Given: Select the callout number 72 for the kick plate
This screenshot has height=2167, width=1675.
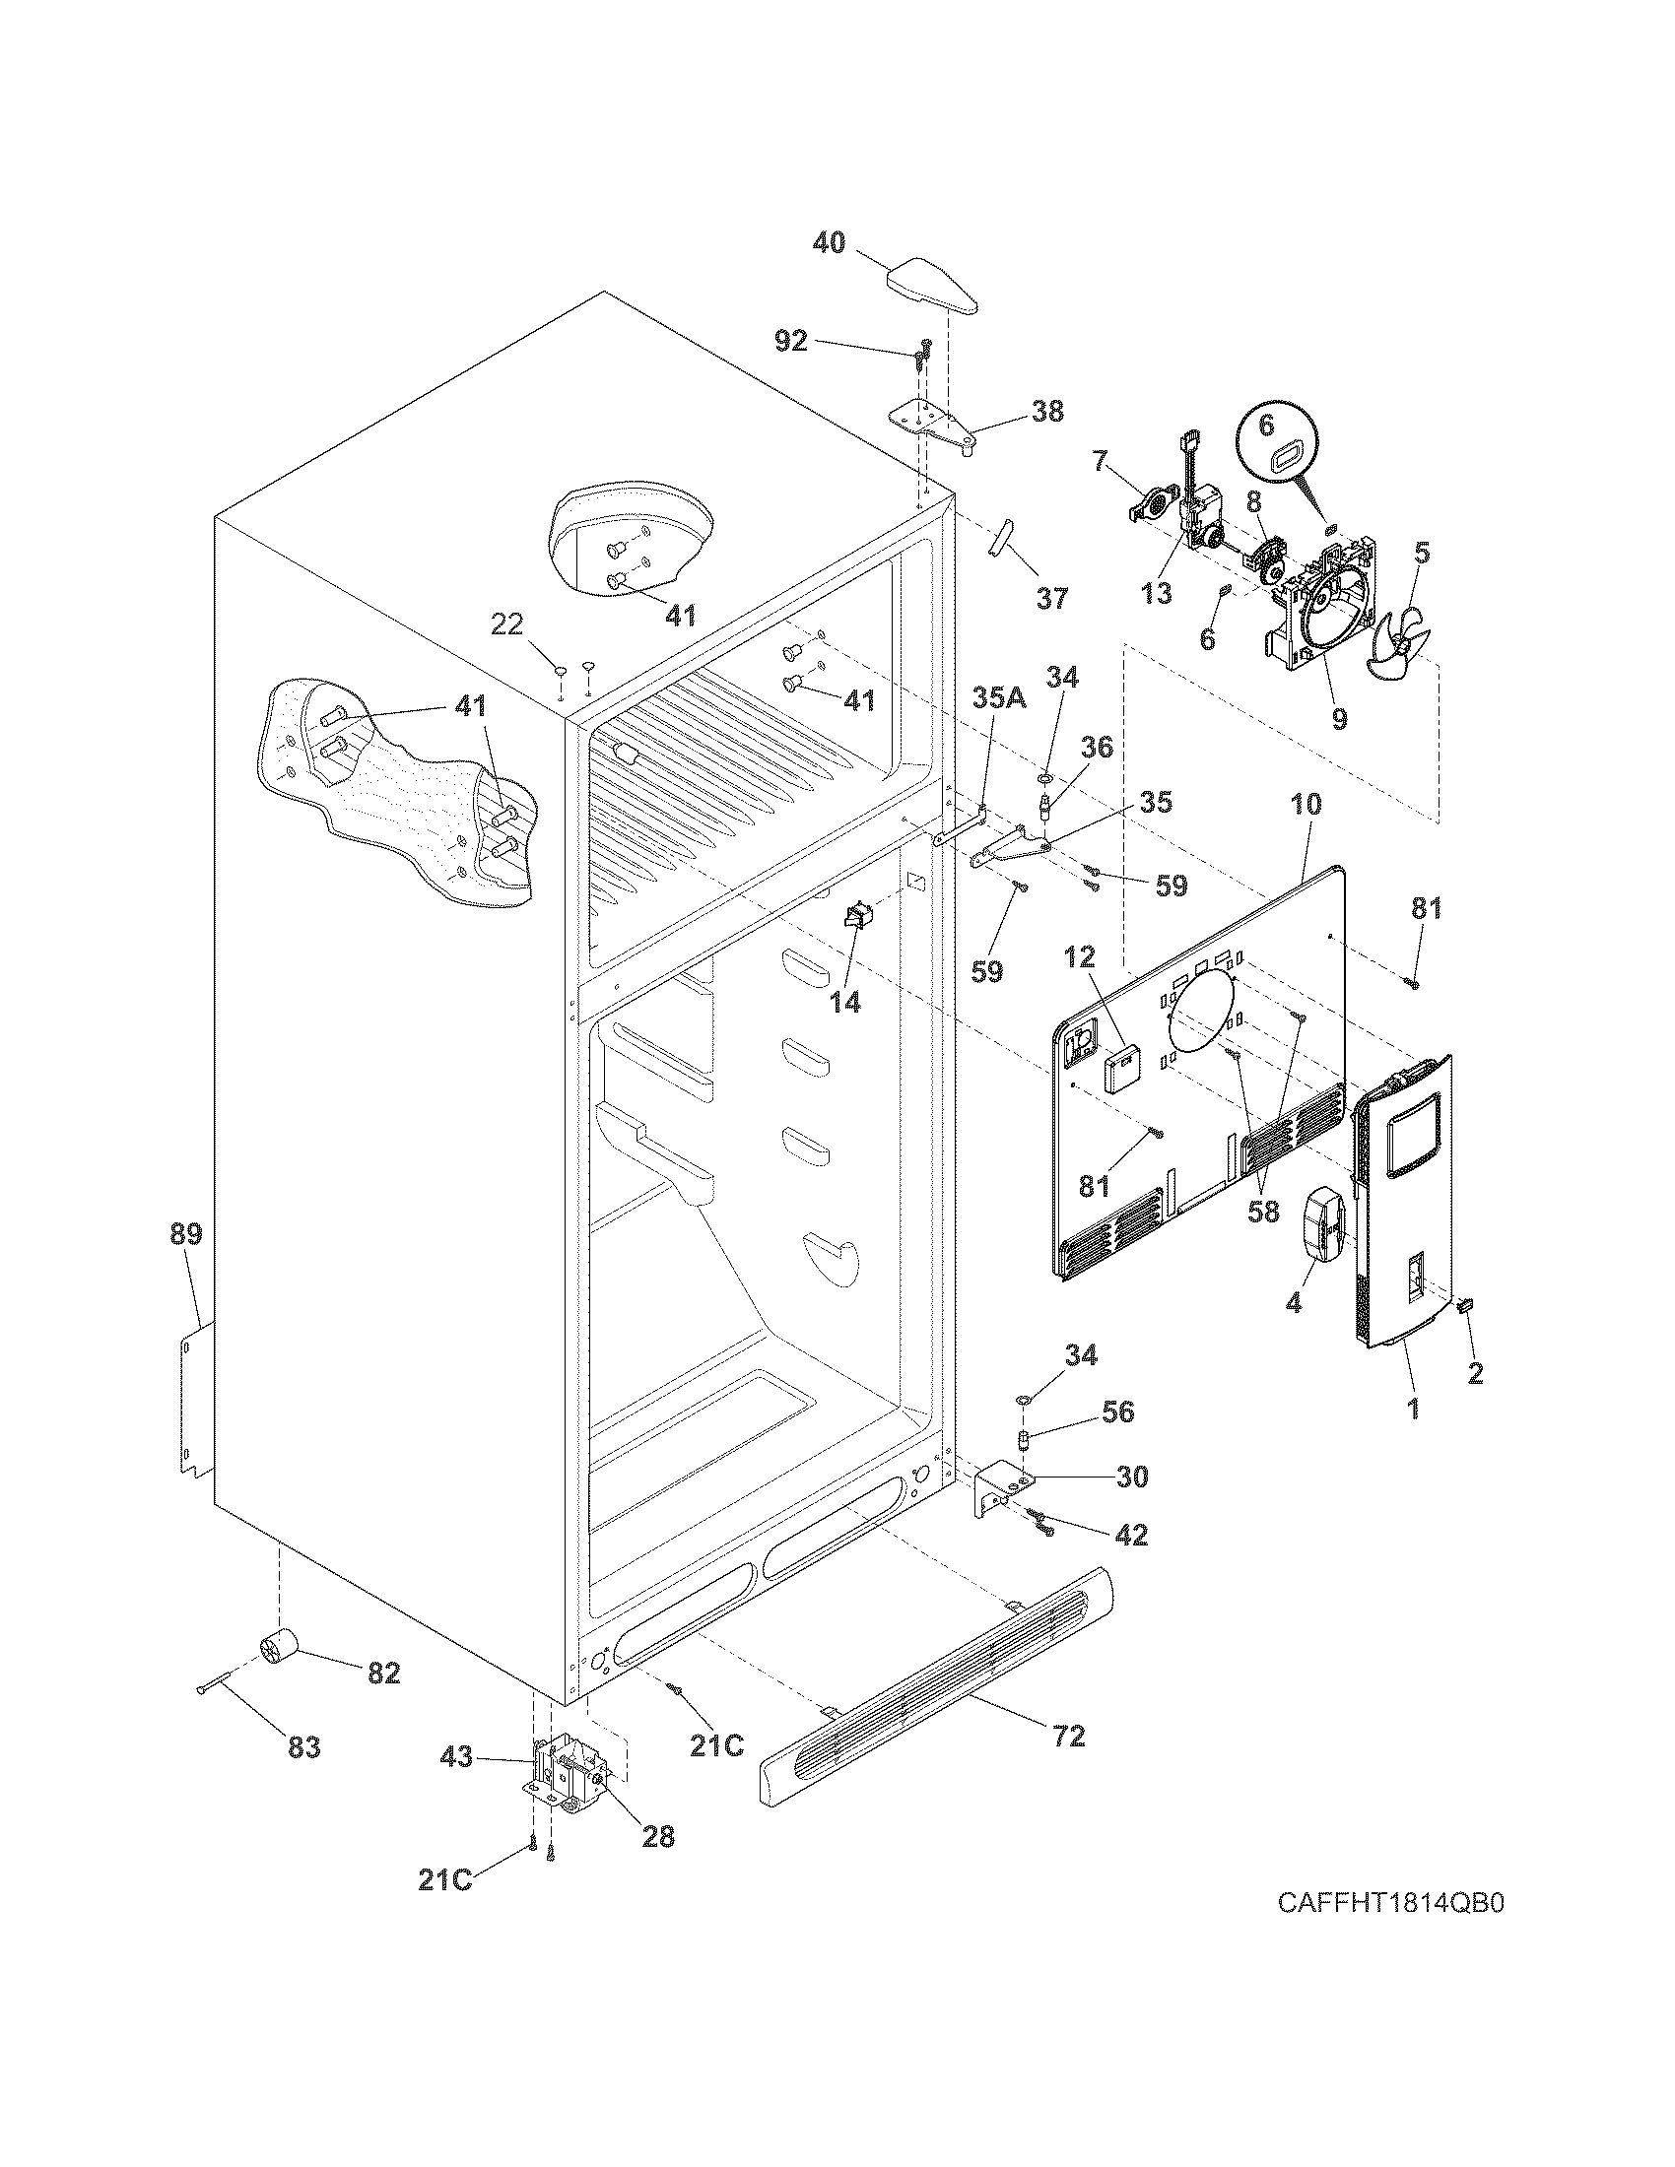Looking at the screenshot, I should click(1069, 1736).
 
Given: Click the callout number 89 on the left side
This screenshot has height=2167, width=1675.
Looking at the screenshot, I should click(185, 1234).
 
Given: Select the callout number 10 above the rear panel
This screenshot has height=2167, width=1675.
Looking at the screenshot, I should click(1306, 804).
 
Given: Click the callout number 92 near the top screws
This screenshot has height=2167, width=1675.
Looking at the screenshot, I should click(791, 342).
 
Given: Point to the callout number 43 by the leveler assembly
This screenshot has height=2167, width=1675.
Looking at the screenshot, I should click(456, 1756).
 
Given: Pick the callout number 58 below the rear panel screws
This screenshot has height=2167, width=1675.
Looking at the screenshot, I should click(1263, 1212).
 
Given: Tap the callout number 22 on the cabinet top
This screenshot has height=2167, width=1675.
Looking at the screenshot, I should click(506, 624).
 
